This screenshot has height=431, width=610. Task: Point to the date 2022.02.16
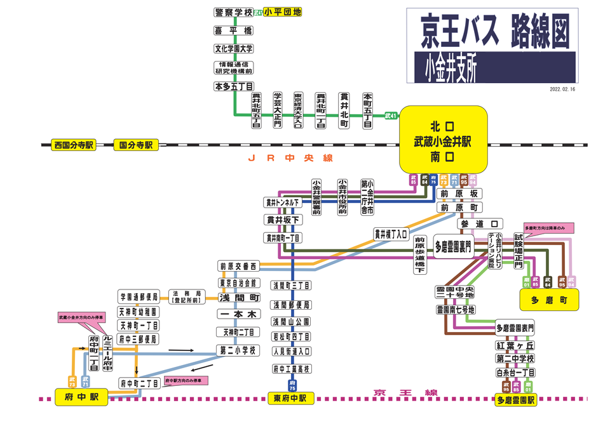click(x=562, y=90)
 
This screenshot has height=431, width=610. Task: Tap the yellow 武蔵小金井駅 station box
click(x=443, y=140)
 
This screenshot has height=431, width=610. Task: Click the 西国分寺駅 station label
click(x=74, y=145)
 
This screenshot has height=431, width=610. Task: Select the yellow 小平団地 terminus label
click(x=282, y=11)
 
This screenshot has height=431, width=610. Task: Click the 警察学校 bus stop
click(x=233, y=12)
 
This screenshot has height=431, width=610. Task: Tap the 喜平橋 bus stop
click(x=233, y=30)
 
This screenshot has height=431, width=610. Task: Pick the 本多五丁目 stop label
click(x=233, y=86)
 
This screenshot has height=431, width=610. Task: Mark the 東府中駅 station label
click(x=290, y=398)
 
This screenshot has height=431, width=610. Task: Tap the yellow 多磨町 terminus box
click(x=548, y=300)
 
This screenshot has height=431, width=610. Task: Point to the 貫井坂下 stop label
click(x=283, y=220)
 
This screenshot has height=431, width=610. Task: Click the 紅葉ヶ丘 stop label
click(x=515, y=345)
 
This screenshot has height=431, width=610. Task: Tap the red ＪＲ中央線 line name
click(x=290, y=158)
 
